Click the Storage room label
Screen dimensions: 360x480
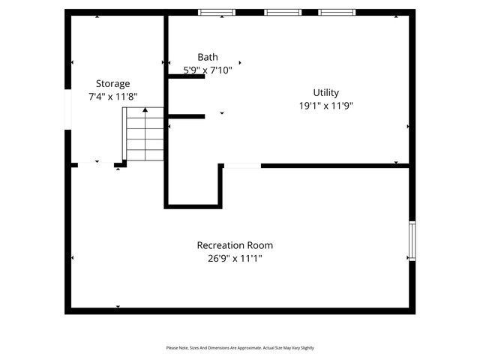click(x=112, y=83)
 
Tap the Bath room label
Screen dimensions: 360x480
click(x=208, y=57)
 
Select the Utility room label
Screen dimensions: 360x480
click(x=325, y=92)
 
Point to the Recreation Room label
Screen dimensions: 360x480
click(x=235, y=245)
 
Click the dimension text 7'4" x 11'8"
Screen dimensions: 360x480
click(x=112, y=97)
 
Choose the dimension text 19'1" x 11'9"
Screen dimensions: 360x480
click(x=325, y=106)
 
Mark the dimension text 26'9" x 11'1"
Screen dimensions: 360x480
click(x=235, y=259)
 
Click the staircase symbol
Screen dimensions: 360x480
click(x=143, y=134)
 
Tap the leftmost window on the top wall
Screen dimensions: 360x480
click(x=216, y=12)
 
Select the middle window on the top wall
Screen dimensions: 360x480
click(x=282, y=12)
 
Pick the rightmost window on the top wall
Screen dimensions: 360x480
click(x=337, y=12)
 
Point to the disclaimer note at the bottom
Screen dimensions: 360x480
click(x=240, y=348)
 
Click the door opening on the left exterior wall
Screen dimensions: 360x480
click(x=67, y=109)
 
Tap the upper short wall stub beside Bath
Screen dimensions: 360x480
click(x=186, y=76)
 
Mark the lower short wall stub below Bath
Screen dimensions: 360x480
click(x=186, y=116)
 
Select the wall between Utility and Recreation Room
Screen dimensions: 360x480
click(x=334, y=165)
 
